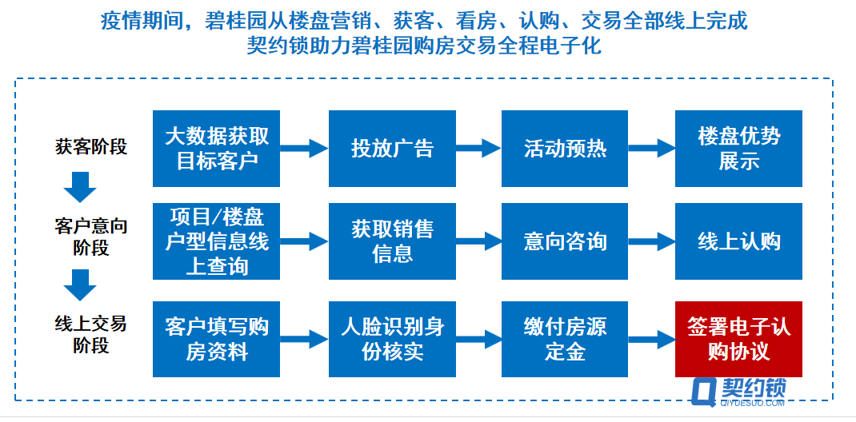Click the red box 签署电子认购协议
tap(738, 339)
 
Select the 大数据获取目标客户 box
tap(216, 149)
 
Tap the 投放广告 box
tap(392, 149)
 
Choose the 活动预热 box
tap(565, 149)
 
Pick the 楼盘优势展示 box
tap(738, 149)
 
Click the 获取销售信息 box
tap(392, 241)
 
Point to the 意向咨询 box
tap(565, 241)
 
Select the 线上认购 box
tap(738, 241)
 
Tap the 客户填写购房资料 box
tap(216, 339)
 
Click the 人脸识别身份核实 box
tap(392, 339)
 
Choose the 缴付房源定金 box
tap(565, 339)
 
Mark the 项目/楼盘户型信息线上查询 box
tap(216, 241)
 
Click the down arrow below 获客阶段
tap(80, 187)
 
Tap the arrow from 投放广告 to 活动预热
tap(478, 148)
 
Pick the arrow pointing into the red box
tap(652, 339)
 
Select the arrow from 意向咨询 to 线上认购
tap(652, 241)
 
